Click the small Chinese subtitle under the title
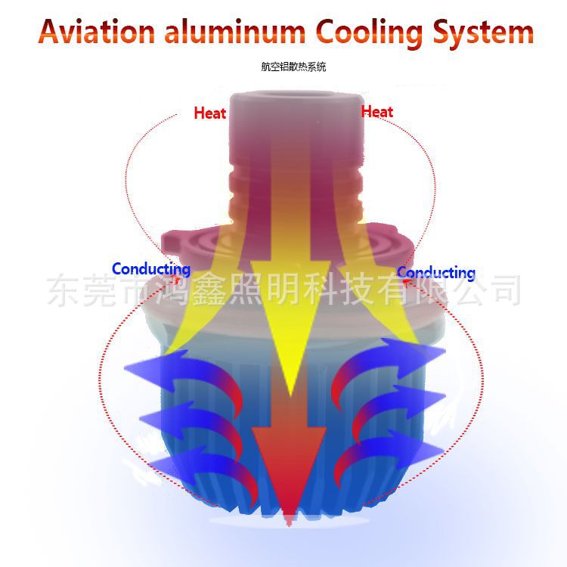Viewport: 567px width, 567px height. pyautogui.click(x=293, y=67)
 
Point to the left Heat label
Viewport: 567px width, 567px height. pyautogui.click(x=209, y=113)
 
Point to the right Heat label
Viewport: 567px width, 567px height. pyautogui.click(x=377, y=112)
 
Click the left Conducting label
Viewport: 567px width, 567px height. pyautogui.click(x=150, y=269)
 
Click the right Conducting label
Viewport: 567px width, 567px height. pyautogui.click(x=436, y=273)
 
